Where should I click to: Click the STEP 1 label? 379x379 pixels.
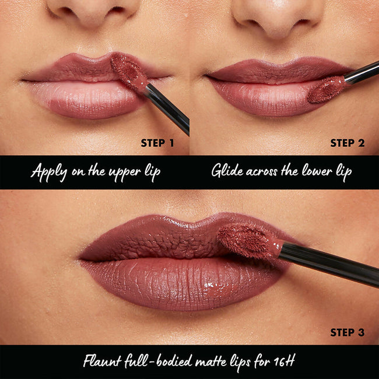tap(157, 143)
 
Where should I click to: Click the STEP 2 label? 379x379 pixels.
tap(347, 143)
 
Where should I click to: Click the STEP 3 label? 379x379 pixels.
tap(347, 333)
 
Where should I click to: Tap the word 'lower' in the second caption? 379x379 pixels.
tap(313, 172)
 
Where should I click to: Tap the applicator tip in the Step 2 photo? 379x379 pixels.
tap(327, 89)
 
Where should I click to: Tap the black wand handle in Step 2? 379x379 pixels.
tap(362, 73)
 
